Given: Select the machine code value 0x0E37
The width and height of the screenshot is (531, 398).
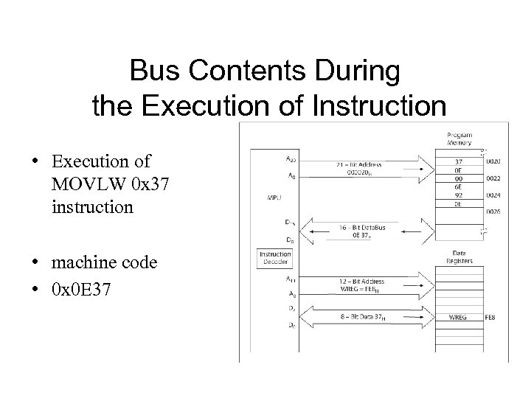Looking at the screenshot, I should [x=82, y=290].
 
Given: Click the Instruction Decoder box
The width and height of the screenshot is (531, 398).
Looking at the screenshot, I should [x=275, y=259].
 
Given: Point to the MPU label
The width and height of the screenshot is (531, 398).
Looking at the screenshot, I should [x=272, y=198].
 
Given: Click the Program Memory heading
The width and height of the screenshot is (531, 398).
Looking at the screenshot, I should [x=459, y=139].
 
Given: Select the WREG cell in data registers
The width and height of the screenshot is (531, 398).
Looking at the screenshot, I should [x=458, y=318].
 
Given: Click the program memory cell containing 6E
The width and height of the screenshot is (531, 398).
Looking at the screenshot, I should [x=458, y=188].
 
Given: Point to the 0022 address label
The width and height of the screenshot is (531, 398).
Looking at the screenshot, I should [x=493, y=178].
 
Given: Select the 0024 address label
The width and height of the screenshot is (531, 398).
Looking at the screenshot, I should [x=493, y=197].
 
